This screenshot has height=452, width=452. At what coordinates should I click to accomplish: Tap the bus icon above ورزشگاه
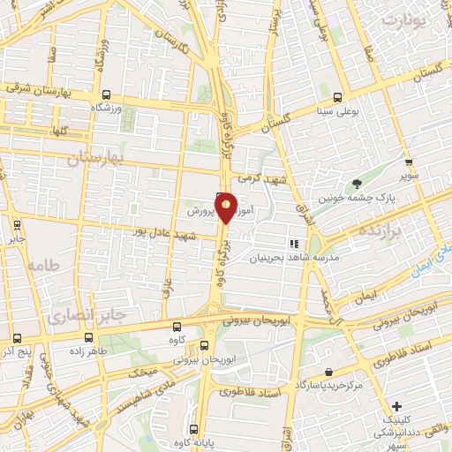pos(106,94)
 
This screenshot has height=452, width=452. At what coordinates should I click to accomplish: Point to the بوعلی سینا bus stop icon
pos(340,96)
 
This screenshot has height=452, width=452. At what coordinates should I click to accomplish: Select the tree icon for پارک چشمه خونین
pos(357,184)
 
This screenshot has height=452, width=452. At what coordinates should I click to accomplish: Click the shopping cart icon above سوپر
pos(408,162)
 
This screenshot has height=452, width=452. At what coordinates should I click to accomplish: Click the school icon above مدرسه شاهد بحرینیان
pos(294,244)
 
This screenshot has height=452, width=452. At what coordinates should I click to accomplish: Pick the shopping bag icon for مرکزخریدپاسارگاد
pos(328,373)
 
